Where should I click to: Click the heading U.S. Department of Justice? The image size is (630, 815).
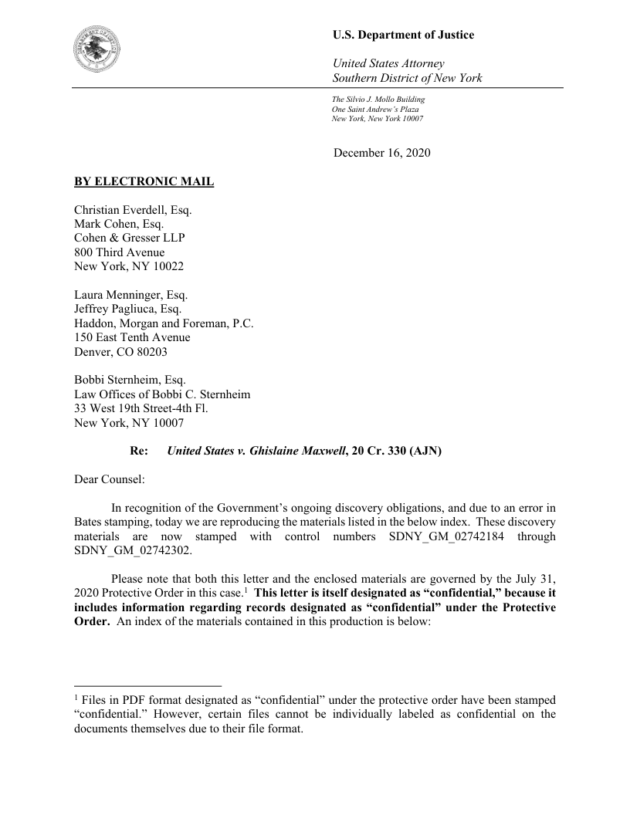click(x=403, y=35)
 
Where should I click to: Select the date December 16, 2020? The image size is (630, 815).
click(x=381, y=153)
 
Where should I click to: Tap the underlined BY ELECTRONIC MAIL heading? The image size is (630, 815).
click(x=144, y=182)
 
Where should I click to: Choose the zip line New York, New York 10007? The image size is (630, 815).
click(x=377, y=119)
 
